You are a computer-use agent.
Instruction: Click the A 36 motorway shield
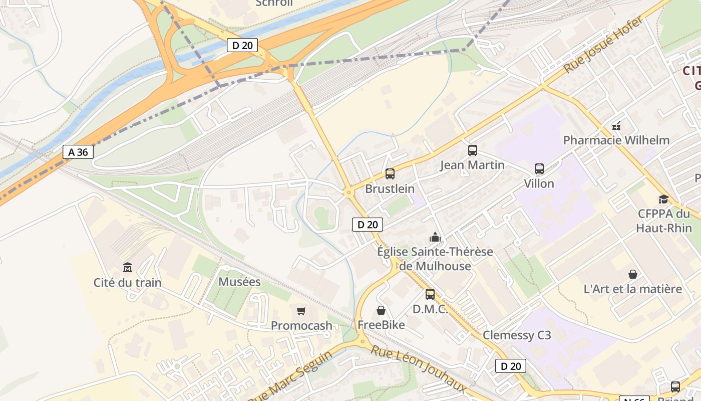pos(78,152)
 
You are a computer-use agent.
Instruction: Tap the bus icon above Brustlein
pos(390,174)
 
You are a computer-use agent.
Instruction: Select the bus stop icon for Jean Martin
pos(472,150)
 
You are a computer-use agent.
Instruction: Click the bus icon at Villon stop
pos(539,168)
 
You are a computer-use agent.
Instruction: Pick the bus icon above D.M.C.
pos(430,294)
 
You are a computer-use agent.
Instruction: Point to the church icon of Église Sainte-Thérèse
pos(435,237)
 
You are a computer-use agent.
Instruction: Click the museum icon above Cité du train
pos(128,267)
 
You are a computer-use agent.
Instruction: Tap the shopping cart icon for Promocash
pos(301,311)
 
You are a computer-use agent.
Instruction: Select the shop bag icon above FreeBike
pos(381,310)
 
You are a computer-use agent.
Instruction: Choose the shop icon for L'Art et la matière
pos(633,274)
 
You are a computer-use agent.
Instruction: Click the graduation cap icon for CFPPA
pos(663,199)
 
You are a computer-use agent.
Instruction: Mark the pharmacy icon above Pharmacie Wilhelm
pos(616,125)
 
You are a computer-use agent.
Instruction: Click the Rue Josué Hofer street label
pos(603,45)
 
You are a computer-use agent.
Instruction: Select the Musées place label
pos(240,282)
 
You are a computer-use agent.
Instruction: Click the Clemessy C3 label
pos(517,335)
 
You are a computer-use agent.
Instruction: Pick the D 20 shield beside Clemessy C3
pos(511,366)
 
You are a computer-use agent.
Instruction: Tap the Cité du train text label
pos(128,283)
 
